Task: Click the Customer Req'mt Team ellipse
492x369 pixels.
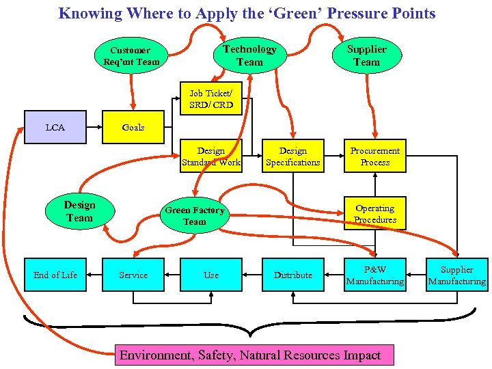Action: point(131,56)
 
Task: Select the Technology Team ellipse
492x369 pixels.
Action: point(249,55)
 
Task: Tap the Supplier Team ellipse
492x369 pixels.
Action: point(366,55)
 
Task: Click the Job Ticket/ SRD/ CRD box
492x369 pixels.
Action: point(211,99)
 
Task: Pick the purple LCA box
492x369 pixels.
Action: point(55,127)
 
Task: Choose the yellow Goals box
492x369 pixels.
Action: point(133,127)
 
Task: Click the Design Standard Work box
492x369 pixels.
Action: point(211,156)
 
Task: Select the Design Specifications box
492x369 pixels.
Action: point(293,156)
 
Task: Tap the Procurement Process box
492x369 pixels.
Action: point(375,156)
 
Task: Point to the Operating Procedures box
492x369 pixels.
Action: point(375,214)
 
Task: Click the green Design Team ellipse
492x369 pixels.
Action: point(80,211)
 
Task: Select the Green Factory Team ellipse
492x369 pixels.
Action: point(195,216)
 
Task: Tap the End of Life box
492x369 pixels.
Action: point(55,275)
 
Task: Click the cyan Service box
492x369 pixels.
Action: point(133,275)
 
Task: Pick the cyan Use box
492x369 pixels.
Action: point(211,275)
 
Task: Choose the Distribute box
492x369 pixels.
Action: point(293,275)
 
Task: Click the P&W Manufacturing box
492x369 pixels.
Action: point(375,275)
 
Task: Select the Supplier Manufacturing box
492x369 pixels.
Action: point(457,275)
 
